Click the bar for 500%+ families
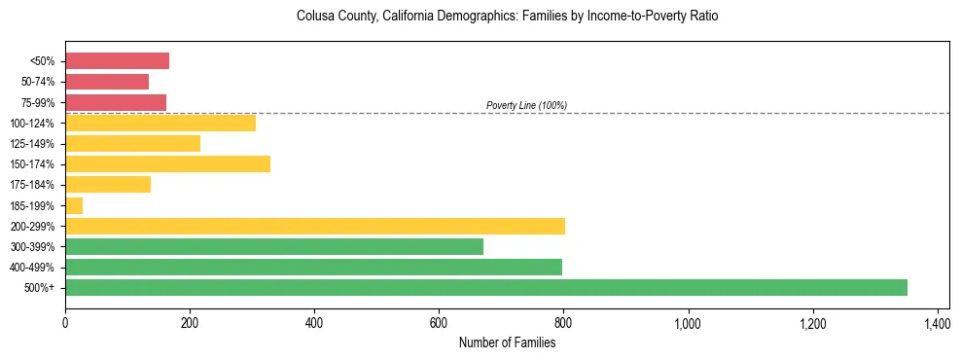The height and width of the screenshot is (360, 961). (485, 287)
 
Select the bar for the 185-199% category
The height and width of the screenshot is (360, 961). (74, 205)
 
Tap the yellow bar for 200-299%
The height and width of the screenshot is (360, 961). (314, 226)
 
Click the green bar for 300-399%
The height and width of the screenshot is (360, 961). (273, 246)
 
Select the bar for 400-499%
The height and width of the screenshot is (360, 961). (313, 267)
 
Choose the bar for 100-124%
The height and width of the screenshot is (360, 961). (160, 123)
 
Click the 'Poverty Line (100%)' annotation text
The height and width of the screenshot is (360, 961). (526, 105)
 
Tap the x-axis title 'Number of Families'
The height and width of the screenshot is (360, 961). (507, 342)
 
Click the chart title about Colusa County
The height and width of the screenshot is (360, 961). (507, 18)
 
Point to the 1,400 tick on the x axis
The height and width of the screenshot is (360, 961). (937, 323)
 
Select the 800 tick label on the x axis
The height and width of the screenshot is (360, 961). (563, 323)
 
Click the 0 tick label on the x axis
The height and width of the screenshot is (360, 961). (65, 323)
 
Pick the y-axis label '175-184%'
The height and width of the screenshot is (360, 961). (34, 185)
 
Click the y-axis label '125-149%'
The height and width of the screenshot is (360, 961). (34, 144)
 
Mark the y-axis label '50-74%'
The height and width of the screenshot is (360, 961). (39, 82)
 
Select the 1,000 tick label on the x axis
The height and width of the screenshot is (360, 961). (688, 323)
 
